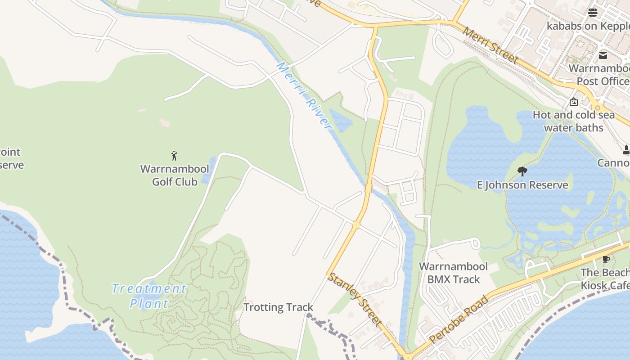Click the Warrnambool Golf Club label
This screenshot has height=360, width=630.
[175, 175]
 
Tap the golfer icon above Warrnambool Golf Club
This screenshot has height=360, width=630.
[175, 156]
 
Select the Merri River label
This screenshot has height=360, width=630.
[304, 97]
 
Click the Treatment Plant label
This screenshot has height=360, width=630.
[149, 296]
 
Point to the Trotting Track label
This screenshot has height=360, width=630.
[278, 307]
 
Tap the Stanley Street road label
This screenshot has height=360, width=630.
[355, 299]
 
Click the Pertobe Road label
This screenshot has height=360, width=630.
[459, 319]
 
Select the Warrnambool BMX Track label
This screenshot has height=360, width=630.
[453, 273]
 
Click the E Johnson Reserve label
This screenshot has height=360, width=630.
[522, 185]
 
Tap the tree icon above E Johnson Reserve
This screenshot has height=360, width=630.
[522, 171]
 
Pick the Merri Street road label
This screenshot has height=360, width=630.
[490, 45]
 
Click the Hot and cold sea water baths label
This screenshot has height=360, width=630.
[573, 121]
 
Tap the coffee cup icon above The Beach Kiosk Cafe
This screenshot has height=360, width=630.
[606, 259]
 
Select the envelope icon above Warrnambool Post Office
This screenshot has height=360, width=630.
[603, 55]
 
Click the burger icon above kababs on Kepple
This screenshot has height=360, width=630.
[593, 12]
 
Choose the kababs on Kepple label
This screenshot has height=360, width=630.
[588, 26]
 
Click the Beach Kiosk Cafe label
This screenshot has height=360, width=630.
[605, 279]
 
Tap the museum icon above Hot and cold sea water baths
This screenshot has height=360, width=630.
[573, 102]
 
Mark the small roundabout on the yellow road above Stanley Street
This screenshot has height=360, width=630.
[356, 224]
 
